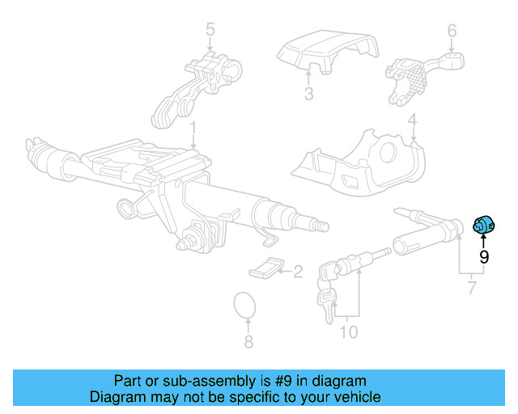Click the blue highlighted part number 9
click(482, 227)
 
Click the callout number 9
click(484, 257)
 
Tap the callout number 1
click(193, 127)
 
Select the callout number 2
click(297, 272)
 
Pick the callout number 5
click(471, 287)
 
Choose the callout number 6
click(248, 342)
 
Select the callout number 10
click(349, 332)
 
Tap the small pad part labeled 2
click(265, 268)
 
